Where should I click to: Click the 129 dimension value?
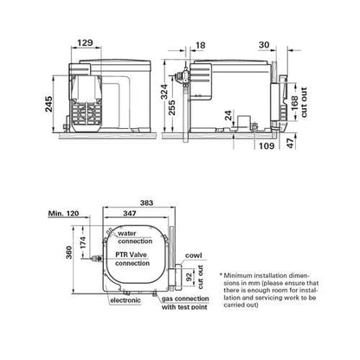[86, 43]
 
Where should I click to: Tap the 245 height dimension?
[48, 104]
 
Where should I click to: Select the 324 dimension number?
[164, 92]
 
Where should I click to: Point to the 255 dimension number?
[172, 107]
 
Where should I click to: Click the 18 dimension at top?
[201, 45]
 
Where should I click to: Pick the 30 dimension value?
[264, 45]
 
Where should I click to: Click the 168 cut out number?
[295, 103]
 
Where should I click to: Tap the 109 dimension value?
[267, 145]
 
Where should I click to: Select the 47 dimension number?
[291, 143]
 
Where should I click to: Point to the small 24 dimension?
[228, 116]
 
